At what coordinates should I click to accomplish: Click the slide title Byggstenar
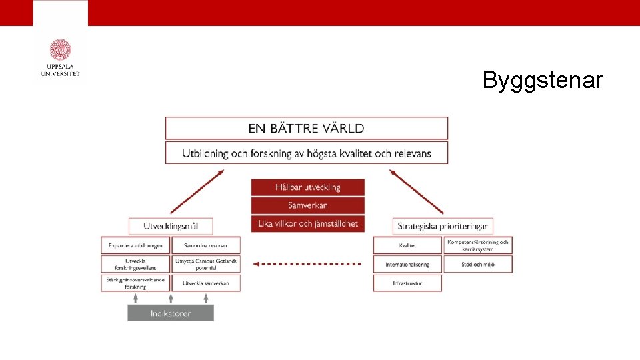[543, 81]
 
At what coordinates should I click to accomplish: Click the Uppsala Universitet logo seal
[60, 50]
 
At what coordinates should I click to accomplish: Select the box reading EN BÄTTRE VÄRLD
[306, 128]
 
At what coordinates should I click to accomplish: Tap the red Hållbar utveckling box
[308, 187]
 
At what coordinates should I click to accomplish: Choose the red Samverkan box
[308, 205]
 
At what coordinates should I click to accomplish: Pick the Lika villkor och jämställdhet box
[308, 224]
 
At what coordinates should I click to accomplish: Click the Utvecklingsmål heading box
[171, 226]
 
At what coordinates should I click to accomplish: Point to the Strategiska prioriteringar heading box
[443, 226]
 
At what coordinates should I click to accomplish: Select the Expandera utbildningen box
[135, 245]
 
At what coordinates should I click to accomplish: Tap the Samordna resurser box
[206, 245]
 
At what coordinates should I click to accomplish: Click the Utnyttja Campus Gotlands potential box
[206, 264]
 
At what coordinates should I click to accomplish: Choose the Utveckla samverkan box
[206, 283]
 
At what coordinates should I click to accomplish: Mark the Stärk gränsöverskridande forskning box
[135, 283]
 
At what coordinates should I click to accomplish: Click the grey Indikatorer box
[171, 313]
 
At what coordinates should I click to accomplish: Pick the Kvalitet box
[407, 245]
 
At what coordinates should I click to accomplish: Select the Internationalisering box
[407, 264]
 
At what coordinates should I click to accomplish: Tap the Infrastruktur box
[407, 283]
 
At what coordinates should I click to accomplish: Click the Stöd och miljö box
[478, 264]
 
